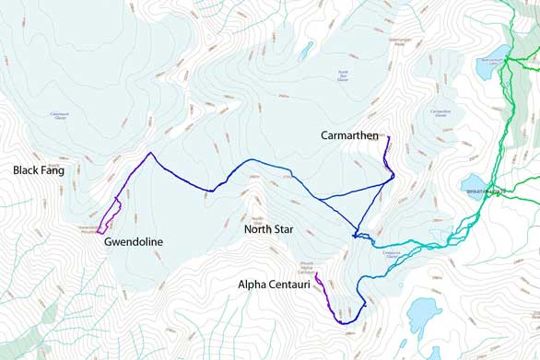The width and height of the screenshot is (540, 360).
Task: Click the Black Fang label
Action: click(x=38, y=170)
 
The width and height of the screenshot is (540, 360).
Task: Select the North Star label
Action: click(x=268, y=228)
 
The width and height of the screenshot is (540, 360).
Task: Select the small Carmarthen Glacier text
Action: click(x=440, y=113)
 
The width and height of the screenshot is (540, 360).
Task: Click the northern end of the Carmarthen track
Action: click(x=389, y=137)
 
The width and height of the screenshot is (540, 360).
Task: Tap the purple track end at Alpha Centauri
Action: click(x=316, y=273)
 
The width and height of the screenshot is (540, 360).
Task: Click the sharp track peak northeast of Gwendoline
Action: click(x=149, y=153)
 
